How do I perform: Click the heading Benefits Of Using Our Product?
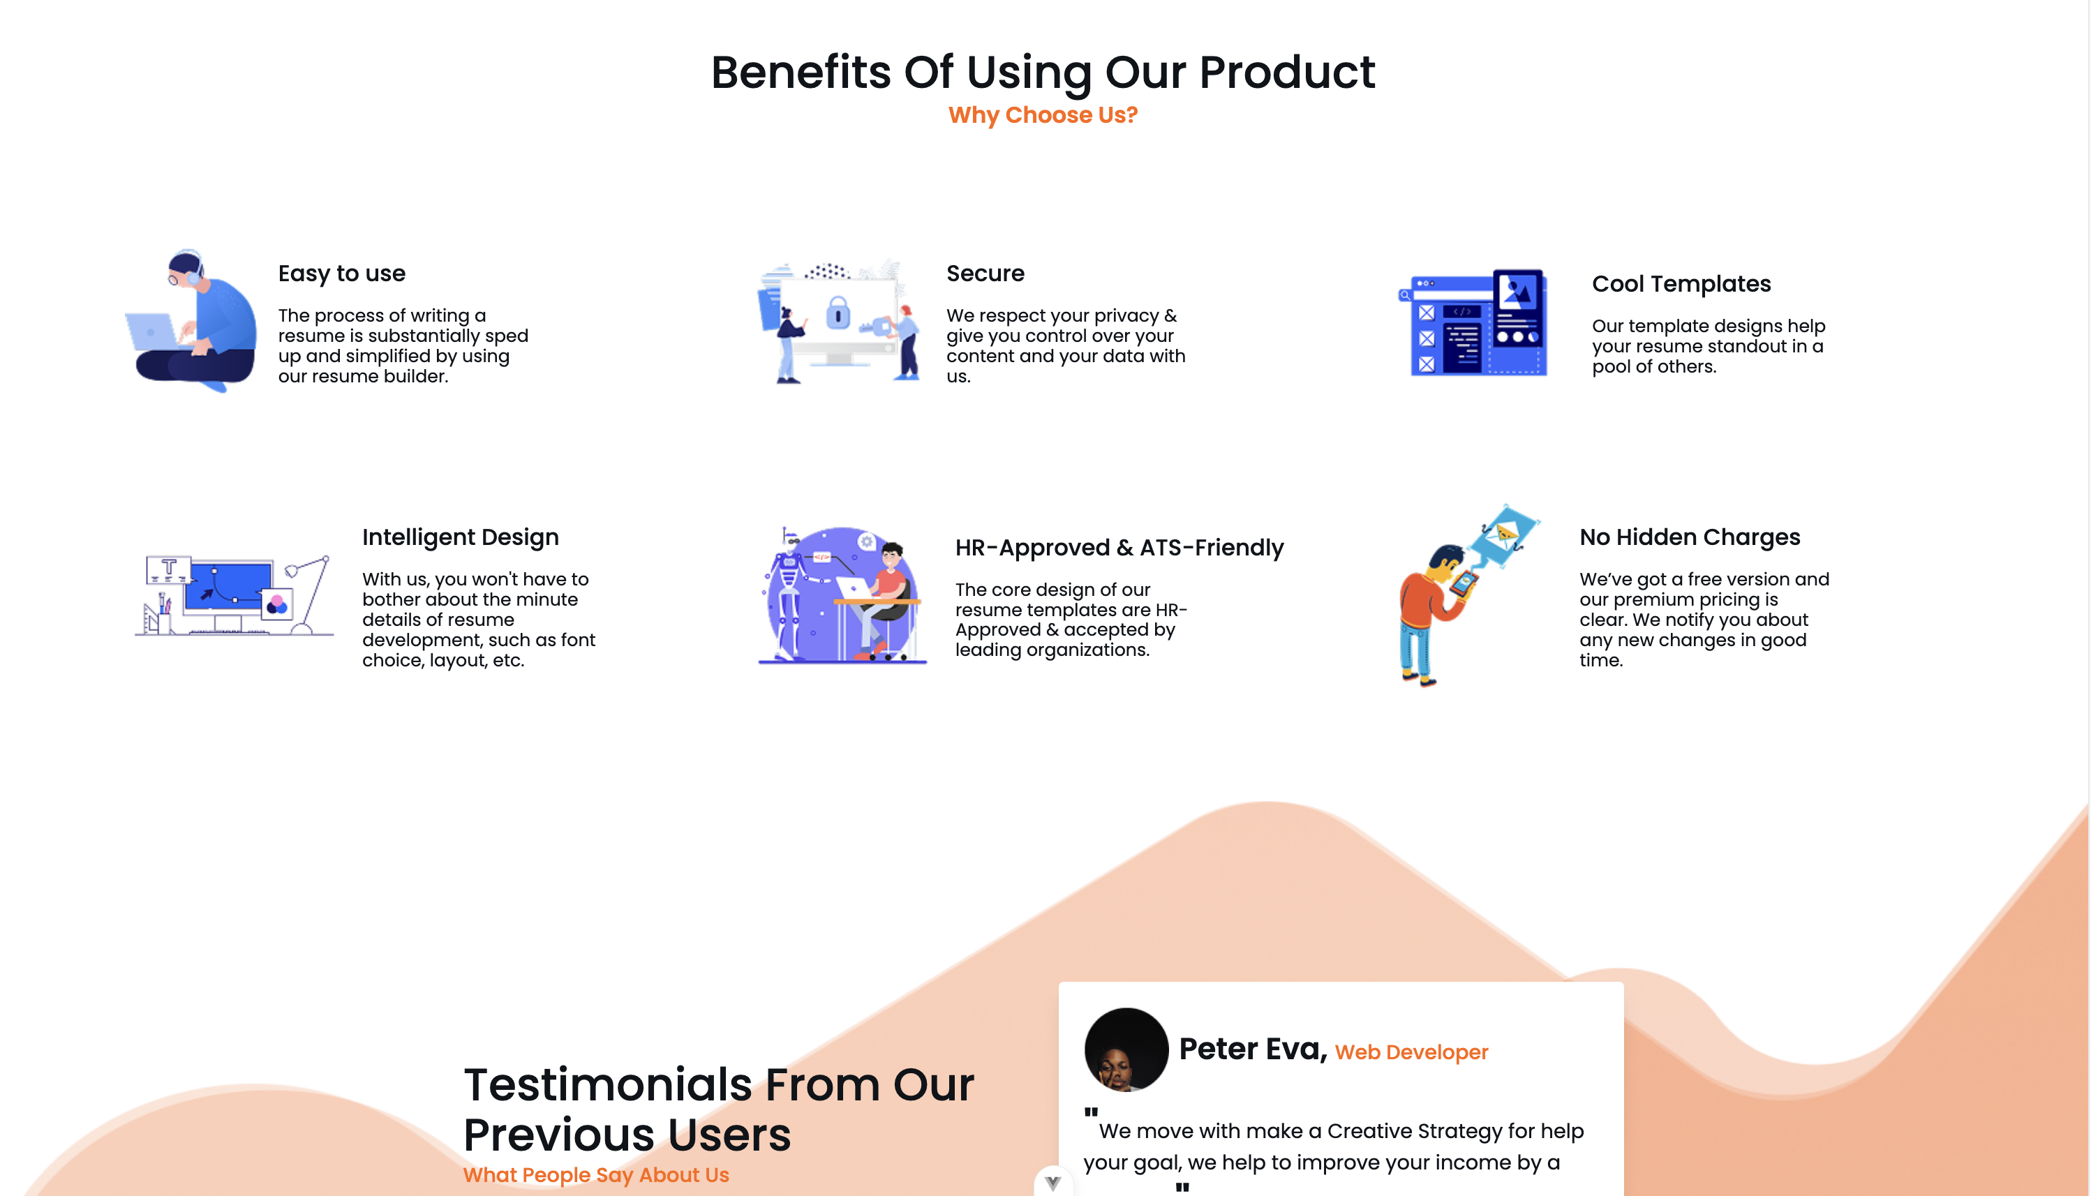point(1043,73)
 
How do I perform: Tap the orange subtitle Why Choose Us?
point(1043,115)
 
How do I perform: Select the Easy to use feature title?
point(342,274)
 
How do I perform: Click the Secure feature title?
point(985,274)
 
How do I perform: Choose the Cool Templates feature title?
point(1681,284)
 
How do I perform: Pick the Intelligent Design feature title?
point(460,537)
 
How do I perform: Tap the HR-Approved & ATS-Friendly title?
point(1119,548)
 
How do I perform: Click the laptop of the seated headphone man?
point(152,333)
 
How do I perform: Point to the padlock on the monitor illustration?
point(838,313)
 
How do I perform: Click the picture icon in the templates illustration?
point(1517,292)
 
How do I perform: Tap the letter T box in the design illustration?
point(168,569)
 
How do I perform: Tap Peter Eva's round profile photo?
point(1126,1049)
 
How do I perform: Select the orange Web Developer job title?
point(1411,1052)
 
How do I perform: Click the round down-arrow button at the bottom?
point(1053,1183)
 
